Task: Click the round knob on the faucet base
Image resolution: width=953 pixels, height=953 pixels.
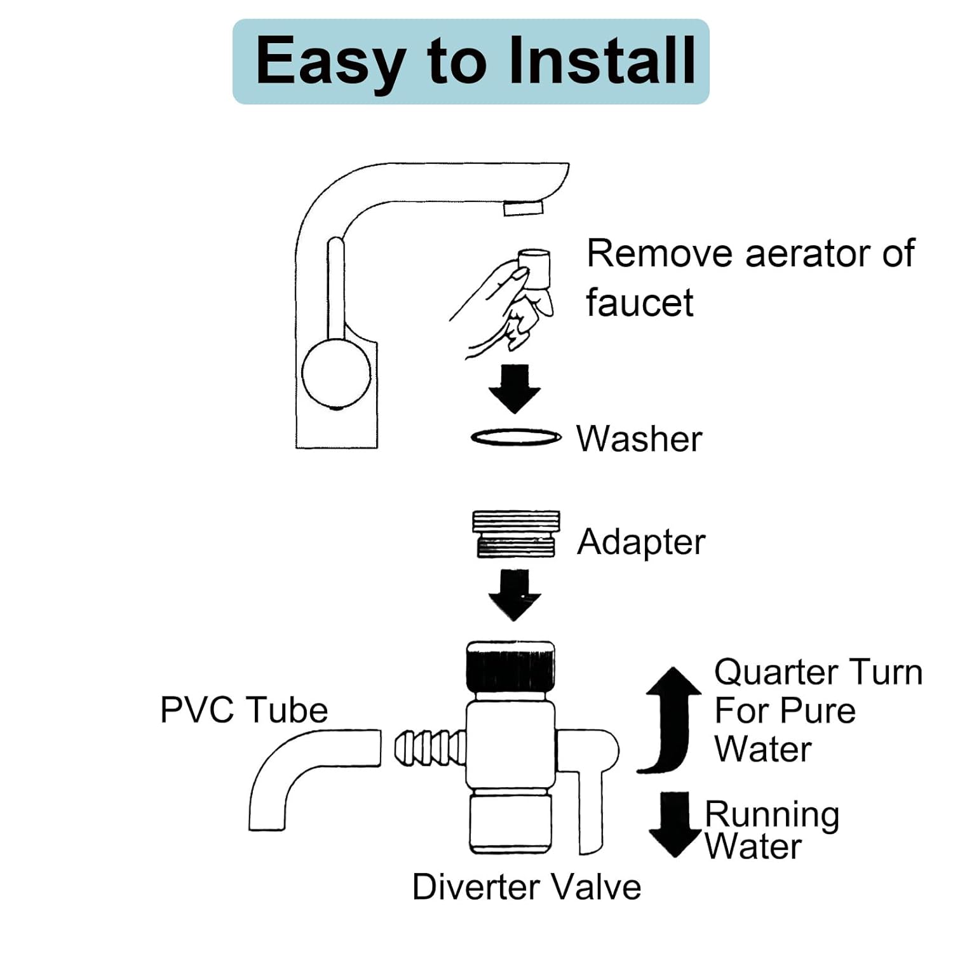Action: (336, 373)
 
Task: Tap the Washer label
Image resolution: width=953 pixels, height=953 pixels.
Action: (639, 438)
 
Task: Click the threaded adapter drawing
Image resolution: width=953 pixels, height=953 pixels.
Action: (516, 534)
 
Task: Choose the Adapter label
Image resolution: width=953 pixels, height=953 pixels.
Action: (641, 542)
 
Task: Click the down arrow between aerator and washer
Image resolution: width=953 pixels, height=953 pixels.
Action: (515, 389)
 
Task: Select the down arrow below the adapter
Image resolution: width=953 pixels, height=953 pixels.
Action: (515, 595)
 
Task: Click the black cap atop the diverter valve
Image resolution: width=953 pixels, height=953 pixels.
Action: (510, 666)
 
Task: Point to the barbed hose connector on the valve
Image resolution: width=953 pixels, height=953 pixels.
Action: (430, 748)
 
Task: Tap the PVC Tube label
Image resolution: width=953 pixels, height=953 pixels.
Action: (244, 710)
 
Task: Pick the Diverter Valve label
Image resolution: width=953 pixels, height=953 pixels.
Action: (527, 887)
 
